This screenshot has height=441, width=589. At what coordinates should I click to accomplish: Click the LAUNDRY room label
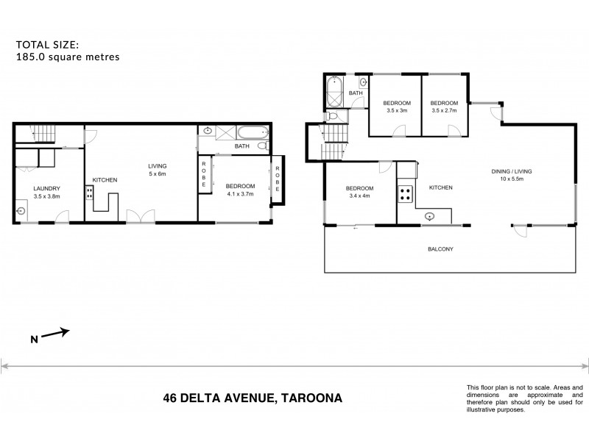[x=46, y=188]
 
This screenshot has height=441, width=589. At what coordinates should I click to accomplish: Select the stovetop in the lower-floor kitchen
[x=90, y=193]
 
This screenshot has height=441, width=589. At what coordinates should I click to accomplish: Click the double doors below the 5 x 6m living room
[x=141, y=216]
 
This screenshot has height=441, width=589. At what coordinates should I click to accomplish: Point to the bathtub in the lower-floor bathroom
[x=254, y=135]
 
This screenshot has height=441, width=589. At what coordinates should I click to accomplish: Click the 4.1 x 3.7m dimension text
[x=240, y=193]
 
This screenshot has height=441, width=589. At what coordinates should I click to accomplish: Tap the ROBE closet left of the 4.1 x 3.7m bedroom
[x=203, y=176]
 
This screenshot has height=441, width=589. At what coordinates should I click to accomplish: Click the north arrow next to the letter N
[x=56, y=334]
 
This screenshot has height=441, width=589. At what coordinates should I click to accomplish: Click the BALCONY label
[x=441, y=249]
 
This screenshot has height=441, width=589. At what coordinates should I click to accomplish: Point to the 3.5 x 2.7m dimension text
[x=444, y=110]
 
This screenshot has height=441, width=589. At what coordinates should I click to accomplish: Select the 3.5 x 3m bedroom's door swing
[x=400, y=131]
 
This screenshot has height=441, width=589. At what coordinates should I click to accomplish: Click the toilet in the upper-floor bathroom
[x=333, y=118]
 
